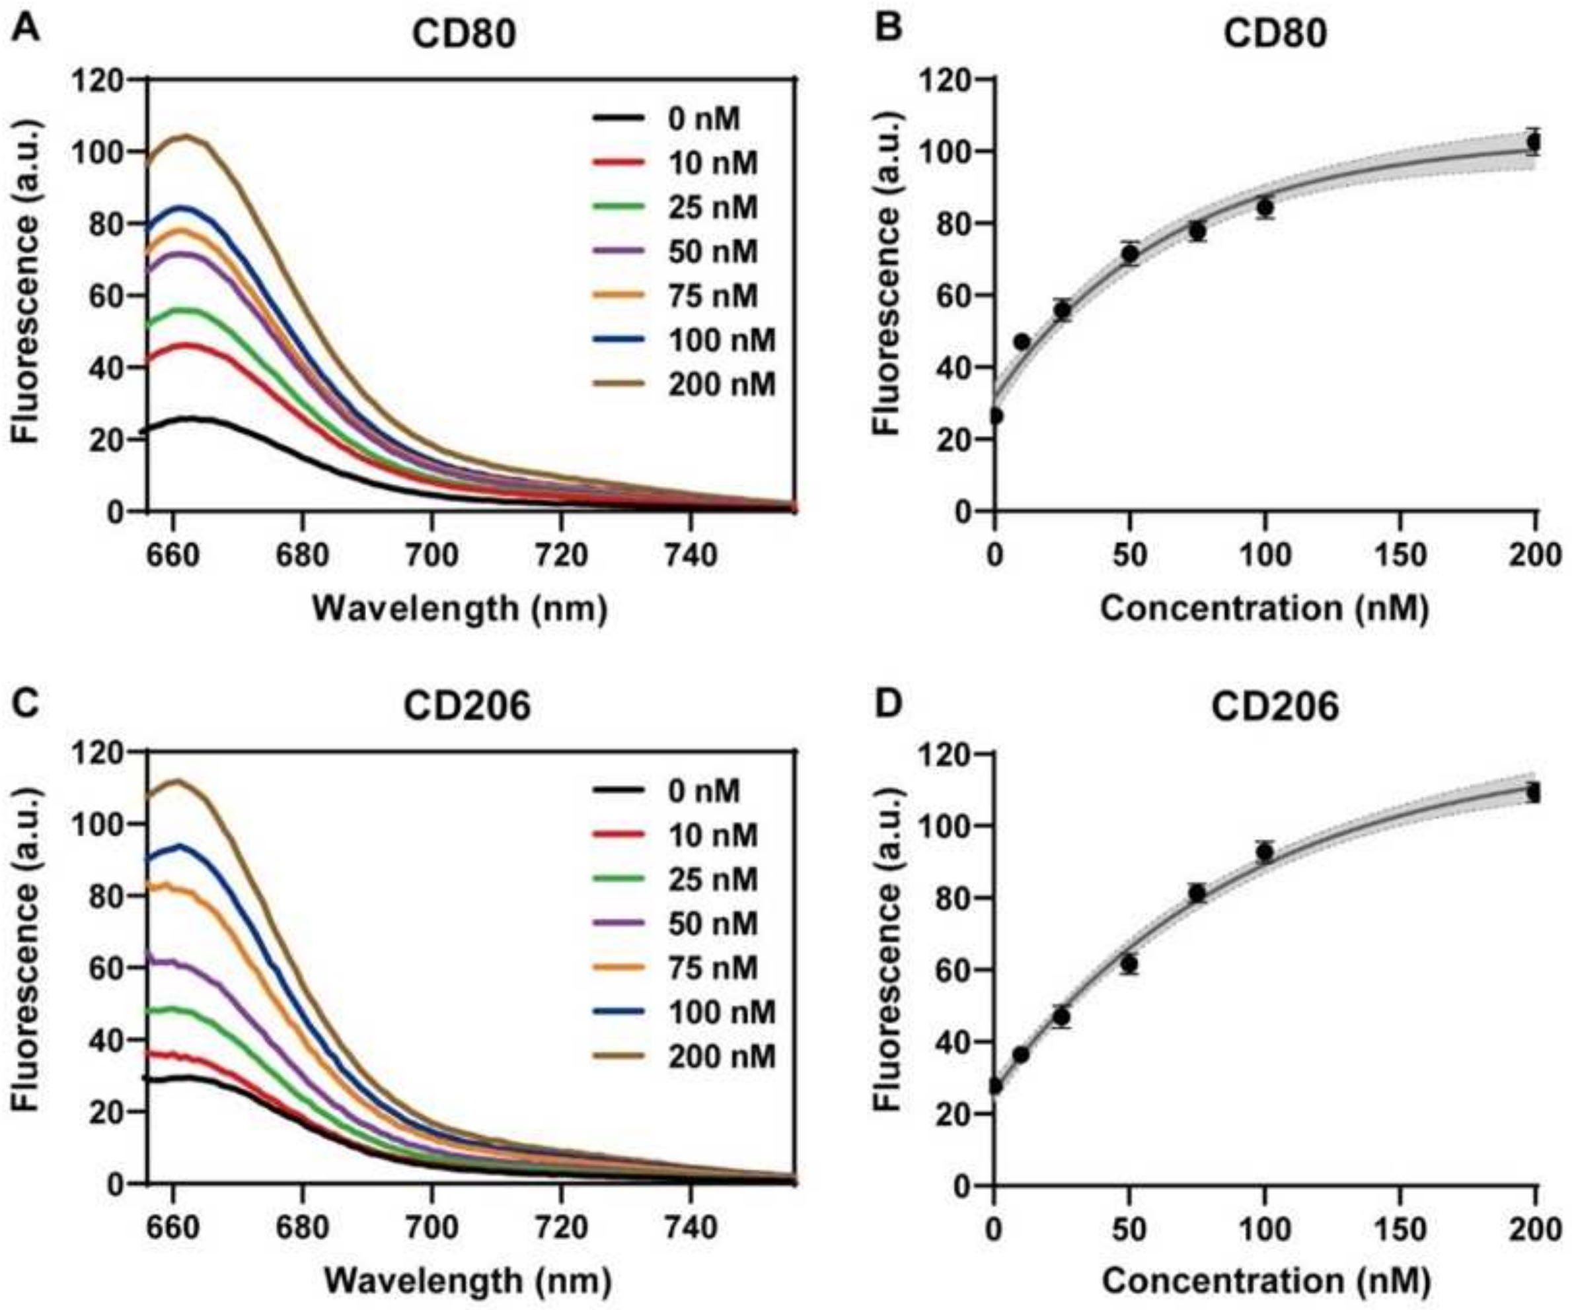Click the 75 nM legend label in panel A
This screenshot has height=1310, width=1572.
712,296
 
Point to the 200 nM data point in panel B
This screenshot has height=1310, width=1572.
1534,141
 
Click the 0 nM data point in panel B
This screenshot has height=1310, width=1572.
995,416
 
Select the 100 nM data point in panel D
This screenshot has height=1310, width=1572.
1265,851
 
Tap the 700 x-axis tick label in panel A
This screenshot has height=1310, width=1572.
431,556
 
